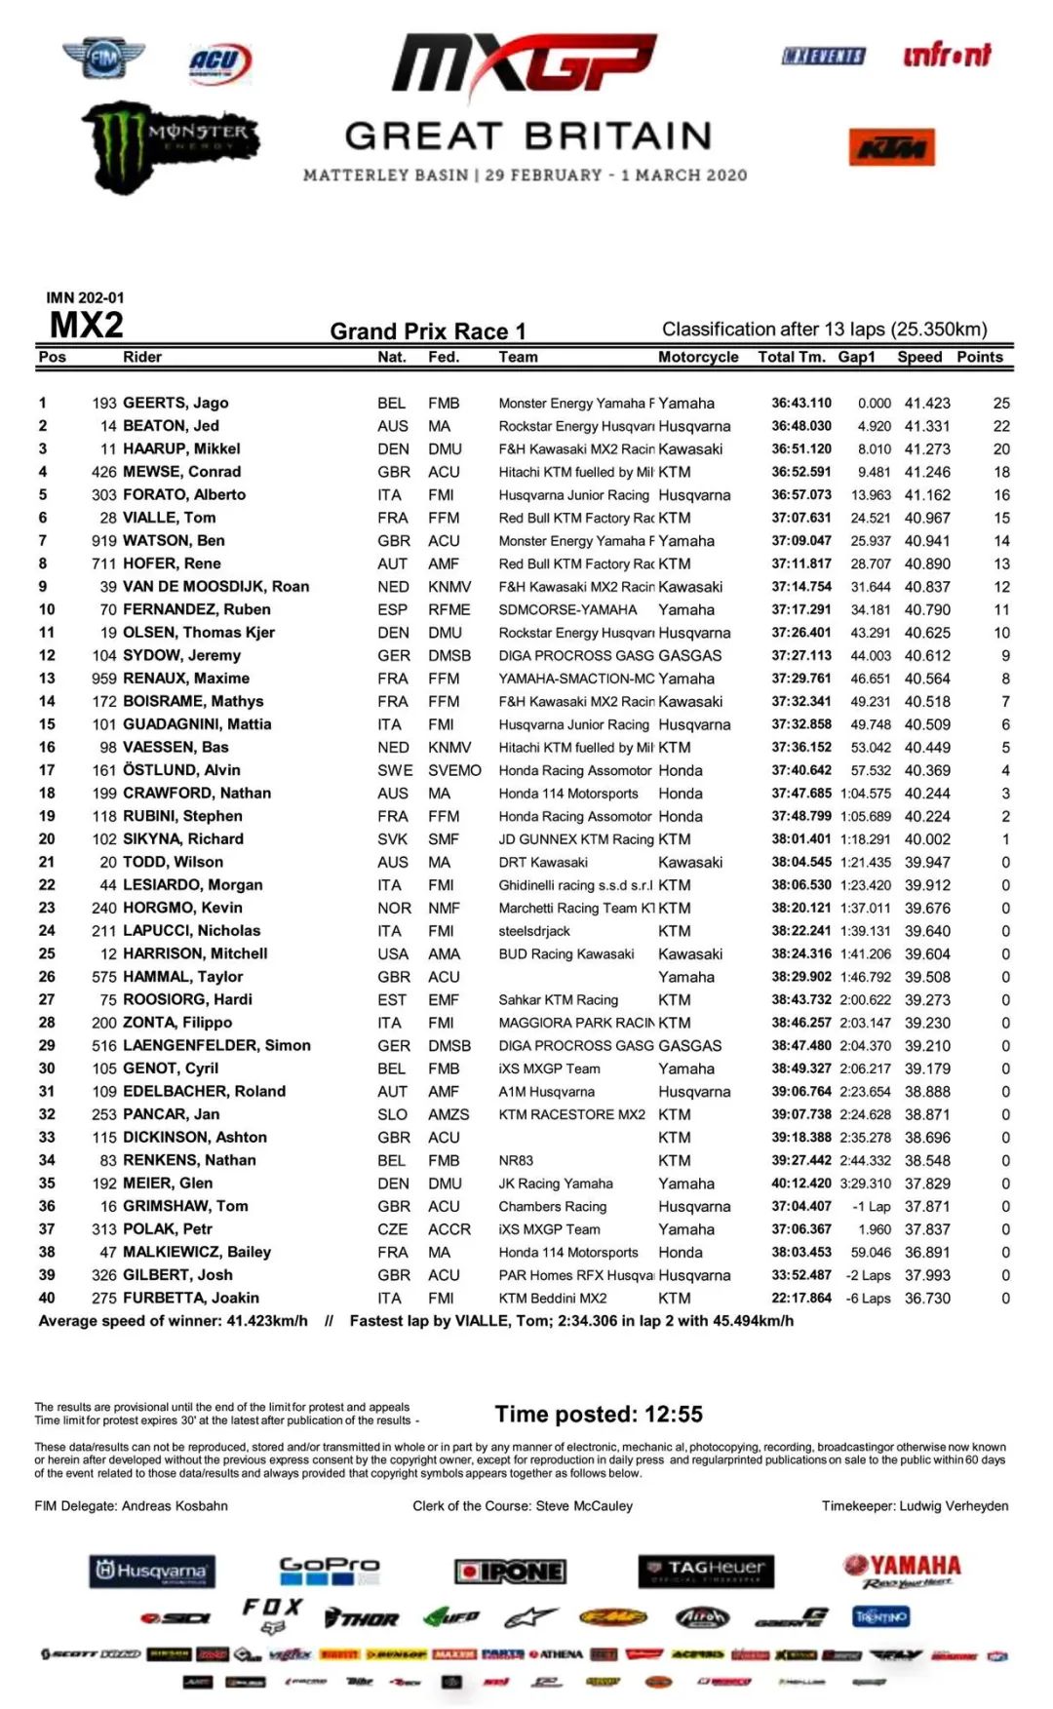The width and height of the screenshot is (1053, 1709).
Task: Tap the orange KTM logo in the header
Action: (891, 147)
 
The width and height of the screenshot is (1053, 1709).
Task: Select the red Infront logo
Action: (946, 56)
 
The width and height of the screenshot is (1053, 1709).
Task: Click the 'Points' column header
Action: (979, 357)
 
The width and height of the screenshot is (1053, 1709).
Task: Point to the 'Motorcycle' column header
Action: (698, 357)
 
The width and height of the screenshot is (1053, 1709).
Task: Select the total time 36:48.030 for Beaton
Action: (801, 426)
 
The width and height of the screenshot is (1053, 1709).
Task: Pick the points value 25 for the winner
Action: (1001, 403)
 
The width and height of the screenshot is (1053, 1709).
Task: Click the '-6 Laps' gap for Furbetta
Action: (868, 1299)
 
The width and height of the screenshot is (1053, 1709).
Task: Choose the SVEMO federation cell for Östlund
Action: (454, 770)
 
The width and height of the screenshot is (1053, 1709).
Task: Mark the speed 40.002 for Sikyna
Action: (927, 839)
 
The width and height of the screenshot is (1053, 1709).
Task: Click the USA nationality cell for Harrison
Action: (392, 954)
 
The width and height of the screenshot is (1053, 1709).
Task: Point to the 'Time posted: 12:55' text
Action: (599, 1415)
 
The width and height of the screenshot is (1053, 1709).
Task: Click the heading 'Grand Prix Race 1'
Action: (428, 331)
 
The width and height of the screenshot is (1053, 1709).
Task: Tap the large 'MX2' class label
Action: (87, 326)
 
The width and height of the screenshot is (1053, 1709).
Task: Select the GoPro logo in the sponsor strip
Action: (330, 1569)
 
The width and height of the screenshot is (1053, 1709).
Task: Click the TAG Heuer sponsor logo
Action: (707, 1570)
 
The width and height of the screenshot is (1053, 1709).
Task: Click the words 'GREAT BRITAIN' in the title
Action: (527, 136)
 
